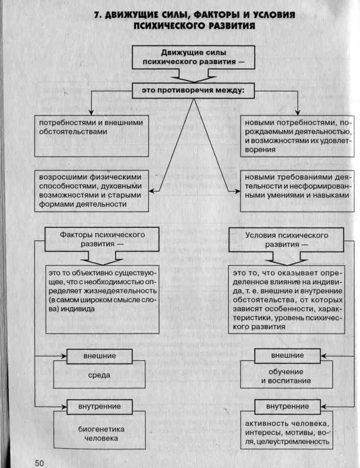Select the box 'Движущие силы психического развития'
click(x=194, y=57)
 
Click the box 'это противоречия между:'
click(x=193, y=91)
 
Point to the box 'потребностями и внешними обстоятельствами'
click(x=91, y=136)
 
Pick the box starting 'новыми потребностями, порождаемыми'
click(x=297, y=136)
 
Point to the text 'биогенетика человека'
click(x=99, y=434)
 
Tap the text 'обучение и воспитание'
click(x=286, y=376)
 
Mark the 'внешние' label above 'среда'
click(x=99, y=356)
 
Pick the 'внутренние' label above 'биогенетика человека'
click(x=99, y=406)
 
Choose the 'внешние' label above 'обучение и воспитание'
click(x=287, y=356)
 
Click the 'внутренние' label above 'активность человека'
click(x=287, y=406)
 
